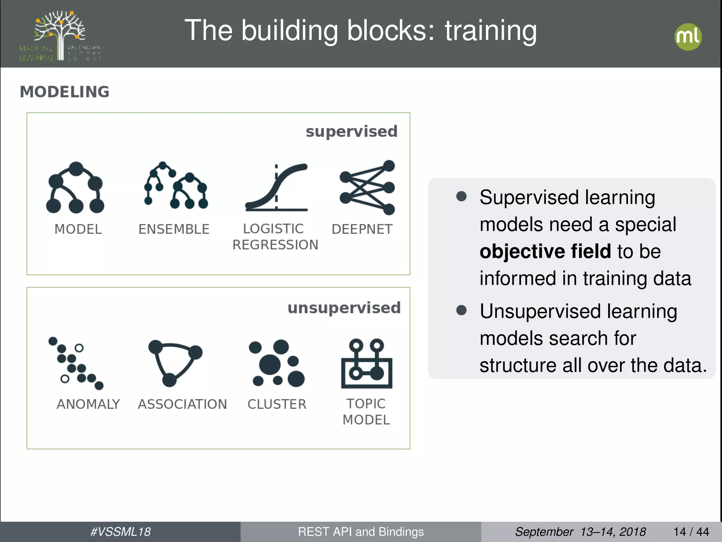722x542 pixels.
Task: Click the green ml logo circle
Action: [x=688, y=37]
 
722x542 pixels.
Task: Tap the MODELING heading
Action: [x=65, y=92]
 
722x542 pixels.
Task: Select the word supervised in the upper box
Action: [x=351, y=132]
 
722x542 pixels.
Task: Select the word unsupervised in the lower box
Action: [x=344, y=308]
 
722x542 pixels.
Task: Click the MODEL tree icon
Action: [x=75, y=188]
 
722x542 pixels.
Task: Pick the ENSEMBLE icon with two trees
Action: [x=175, y=186]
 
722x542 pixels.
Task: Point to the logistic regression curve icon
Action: [x=276, y=187]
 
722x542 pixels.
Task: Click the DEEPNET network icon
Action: [x=367, y=187]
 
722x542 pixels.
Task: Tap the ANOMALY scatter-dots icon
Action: [x=76, y=363]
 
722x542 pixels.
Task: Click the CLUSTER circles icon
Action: [x=276, y=363]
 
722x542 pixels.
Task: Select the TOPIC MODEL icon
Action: [x=367, y=363]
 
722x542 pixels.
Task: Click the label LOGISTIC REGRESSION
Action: [x=275, y=237]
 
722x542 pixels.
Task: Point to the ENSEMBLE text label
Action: [x=174, y=229]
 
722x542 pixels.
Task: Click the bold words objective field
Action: [x=545, y=251]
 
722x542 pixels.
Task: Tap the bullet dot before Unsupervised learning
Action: [x=461, y=310]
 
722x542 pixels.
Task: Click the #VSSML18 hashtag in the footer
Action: [x=120, y=532]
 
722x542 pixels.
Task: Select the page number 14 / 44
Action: [x=691, y=532]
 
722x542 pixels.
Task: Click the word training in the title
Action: [x=490, y=31]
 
